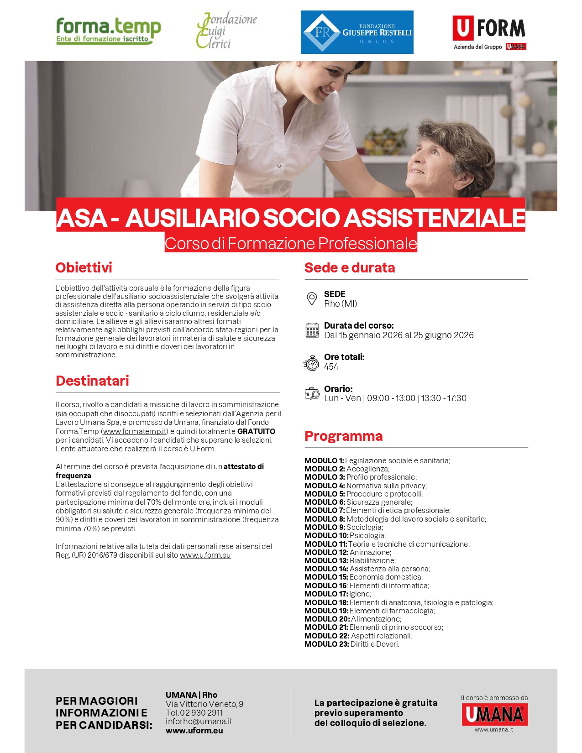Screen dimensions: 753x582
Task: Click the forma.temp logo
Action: pos(108,31)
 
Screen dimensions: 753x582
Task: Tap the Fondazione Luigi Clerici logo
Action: pos(226,31)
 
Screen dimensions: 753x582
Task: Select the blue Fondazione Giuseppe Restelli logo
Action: pos(357,32)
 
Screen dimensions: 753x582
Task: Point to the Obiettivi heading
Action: pos(84,267)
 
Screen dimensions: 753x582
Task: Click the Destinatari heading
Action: pos(92,381)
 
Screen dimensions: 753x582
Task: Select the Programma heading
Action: pos(343,436)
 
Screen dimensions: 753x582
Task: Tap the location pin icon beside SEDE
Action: pos(312,299)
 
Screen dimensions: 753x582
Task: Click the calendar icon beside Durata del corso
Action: pos(312,330)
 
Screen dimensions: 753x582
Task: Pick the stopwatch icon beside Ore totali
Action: pos(312,363)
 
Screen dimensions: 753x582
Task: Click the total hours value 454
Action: pos(331,367)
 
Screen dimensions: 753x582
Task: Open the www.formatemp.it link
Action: pos(135,431)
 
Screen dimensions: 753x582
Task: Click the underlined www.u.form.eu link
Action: pos(205,555)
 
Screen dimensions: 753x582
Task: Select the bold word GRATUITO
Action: pos(256,431)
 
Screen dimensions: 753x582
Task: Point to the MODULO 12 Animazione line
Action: pos(348,552)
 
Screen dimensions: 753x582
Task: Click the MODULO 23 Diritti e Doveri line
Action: pos(351,644)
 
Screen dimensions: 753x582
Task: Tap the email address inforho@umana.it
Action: pos(199,722)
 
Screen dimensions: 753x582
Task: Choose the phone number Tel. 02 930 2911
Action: pos(194,713)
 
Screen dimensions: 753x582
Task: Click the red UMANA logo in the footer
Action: pos(494,714)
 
